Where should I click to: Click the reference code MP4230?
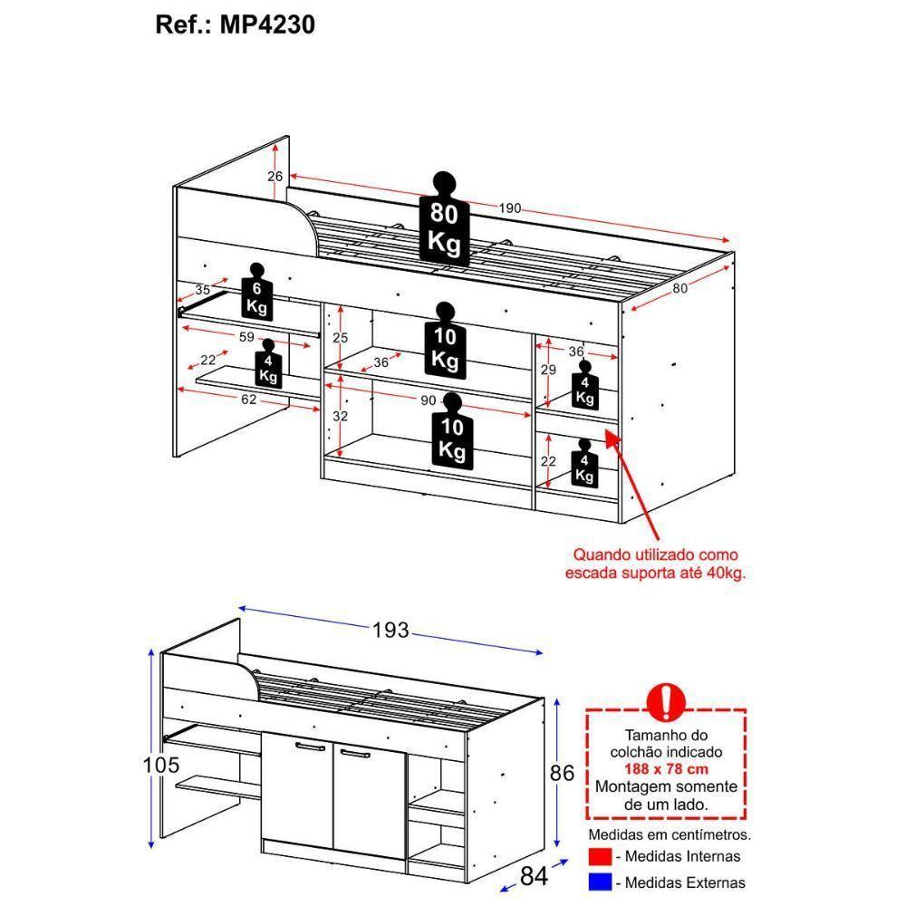[267, 24]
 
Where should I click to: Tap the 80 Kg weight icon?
[444, 219]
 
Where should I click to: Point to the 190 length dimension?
[509, 208]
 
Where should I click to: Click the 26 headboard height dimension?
[275, 177]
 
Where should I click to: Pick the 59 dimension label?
[246, 337]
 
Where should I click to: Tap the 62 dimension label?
[248, 400]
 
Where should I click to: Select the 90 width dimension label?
[428, 400]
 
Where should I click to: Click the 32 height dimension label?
[341, 416]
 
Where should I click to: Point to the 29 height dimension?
[548, 370]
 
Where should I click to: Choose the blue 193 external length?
[390, 630]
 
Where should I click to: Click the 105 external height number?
[161, 765]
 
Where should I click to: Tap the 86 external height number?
[562, 773]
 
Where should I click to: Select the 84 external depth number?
[534, 876]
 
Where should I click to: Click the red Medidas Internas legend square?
[600, 856]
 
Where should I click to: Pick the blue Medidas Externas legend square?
[600, 882]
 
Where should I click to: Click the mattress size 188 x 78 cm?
[666, 769]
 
